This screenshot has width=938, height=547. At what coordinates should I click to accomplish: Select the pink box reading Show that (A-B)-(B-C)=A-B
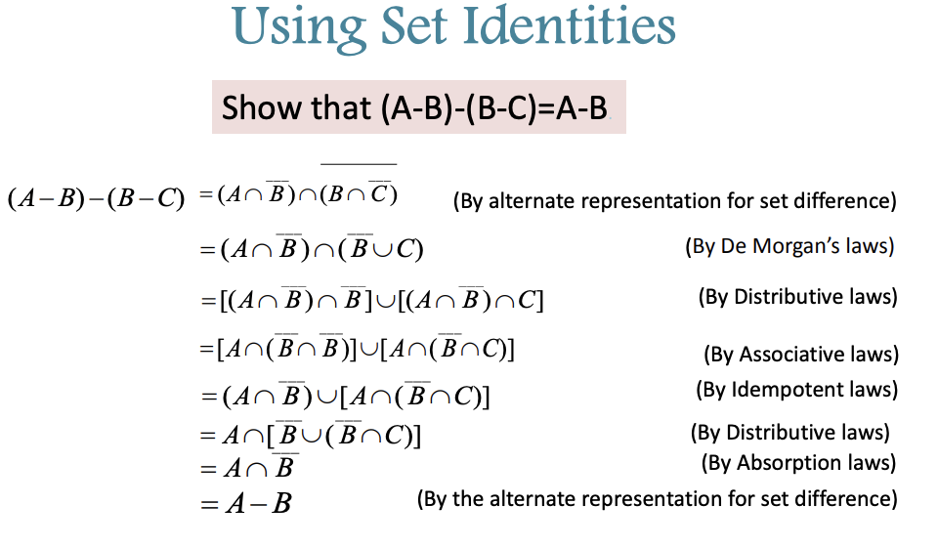418,106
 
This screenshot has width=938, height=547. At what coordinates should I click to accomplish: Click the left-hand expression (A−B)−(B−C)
96,198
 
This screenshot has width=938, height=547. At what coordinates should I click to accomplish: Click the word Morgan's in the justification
810,246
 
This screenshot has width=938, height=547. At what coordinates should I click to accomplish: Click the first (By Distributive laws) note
797,297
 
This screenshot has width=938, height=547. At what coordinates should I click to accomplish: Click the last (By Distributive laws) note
789,432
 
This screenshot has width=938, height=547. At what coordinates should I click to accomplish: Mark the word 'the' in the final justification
473,499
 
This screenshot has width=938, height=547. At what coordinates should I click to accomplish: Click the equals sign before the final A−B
207,505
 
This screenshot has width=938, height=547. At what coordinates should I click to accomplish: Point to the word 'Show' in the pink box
248,107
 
